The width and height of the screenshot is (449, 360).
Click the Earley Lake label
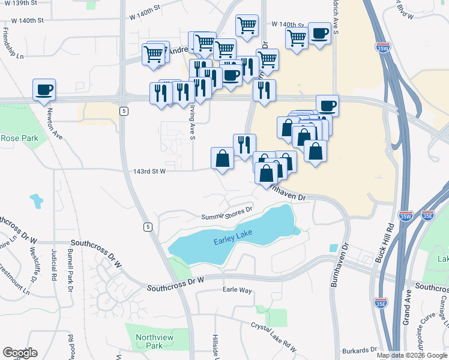point(231,241)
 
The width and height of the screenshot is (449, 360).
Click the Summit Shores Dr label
point(227,215)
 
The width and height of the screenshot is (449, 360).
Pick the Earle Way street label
point(237,290)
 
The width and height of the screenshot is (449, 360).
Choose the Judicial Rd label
point(53,266)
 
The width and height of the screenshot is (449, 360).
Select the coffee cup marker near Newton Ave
point(44,91)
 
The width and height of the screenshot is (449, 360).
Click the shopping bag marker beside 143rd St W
point(222,160)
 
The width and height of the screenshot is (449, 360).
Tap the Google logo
point(20,353)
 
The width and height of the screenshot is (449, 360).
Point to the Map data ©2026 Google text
point(412,355)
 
